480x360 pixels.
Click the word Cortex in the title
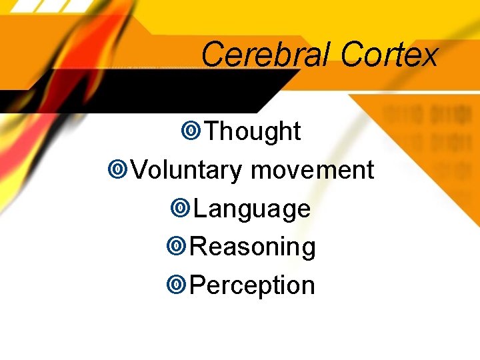coord(389,54)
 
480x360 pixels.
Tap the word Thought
coord(253,131)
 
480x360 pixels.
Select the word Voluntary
coord(187,170)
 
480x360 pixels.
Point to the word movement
coord(312,170)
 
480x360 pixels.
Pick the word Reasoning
coord(253,247)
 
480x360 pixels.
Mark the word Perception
coord(253,285)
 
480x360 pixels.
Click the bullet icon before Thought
coord(191,131)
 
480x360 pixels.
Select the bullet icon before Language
coord(179,209)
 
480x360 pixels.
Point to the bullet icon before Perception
coord(176,285)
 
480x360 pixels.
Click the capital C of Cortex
coord(351,54)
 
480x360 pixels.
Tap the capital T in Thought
coord(212,131)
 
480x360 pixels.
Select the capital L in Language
coord(200,208)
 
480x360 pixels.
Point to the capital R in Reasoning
coord(199,247)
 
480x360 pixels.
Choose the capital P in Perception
coord(198,285)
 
